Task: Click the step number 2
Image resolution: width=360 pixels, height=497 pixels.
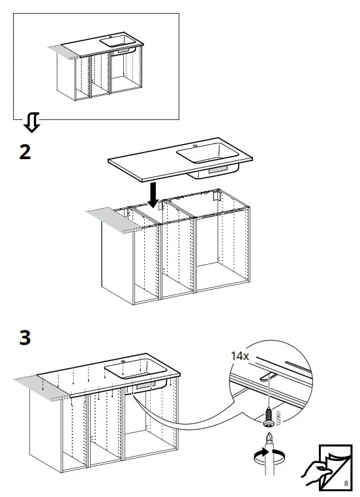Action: pyautogui.click(x=24, y=152)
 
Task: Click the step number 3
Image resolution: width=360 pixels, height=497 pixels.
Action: pyautogui.click(x=24, y=339)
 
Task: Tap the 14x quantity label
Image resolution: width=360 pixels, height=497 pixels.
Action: pyautogui.click(x=240, y=357)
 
